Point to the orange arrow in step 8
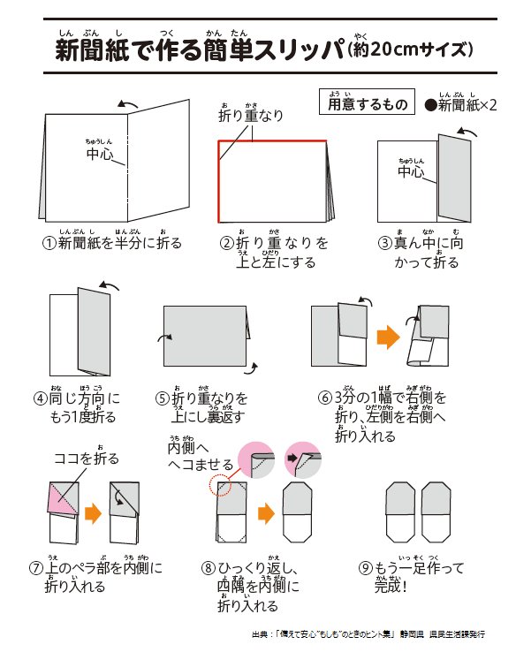262,513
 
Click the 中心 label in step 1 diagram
100,155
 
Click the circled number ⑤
162,398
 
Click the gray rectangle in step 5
203,335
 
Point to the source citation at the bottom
371,633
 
